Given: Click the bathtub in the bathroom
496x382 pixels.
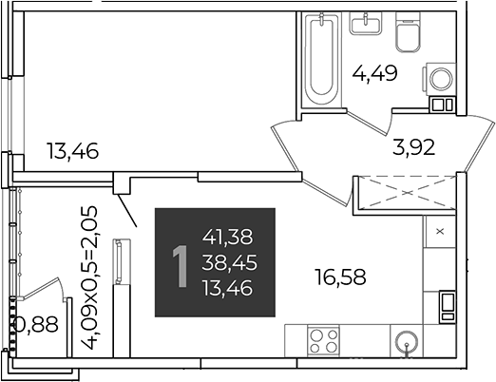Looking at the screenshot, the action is [321, 59].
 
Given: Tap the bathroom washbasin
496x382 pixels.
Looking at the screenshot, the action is [365, 24].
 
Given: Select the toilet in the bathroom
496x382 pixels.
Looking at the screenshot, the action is [409, 32].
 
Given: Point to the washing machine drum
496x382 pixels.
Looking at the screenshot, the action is [441, 79].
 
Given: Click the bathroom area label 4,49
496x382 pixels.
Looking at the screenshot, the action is [374, 74].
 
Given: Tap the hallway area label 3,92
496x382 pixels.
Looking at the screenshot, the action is [413, 147].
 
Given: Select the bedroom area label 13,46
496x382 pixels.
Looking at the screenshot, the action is [73, 151].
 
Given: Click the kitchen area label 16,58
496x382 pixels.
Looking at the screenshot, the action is [340, 277].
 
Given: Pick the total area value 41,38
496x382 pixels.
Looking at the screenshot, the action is [228, 237].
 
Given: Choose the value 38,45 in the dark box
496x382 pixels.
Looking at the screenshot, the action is [229, 262].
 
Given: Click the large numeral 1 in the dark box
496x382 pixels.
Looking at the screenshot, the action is [181, 267].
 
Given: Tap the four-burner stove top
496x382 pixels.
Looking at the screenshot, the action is [323, 341].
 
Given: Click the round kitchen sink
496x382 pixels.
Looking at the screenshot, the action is [407, 342].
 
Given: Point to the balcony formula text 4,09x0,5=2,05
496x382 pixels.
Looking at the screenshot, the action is [89, 277].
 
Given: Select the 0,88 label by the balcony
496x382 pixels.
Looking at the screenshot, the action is [37, 324].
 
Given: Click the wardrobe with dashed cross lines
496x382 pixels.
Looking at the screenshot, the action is [405, 193].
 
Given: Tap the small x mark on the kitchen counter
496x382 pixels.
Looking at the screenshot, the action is [440, 232].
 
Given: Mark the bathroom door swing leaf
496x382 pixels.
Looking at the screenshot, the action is [367, 123].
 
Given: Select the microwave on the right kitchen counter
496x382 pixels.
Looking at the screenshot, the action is [448, 307].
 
